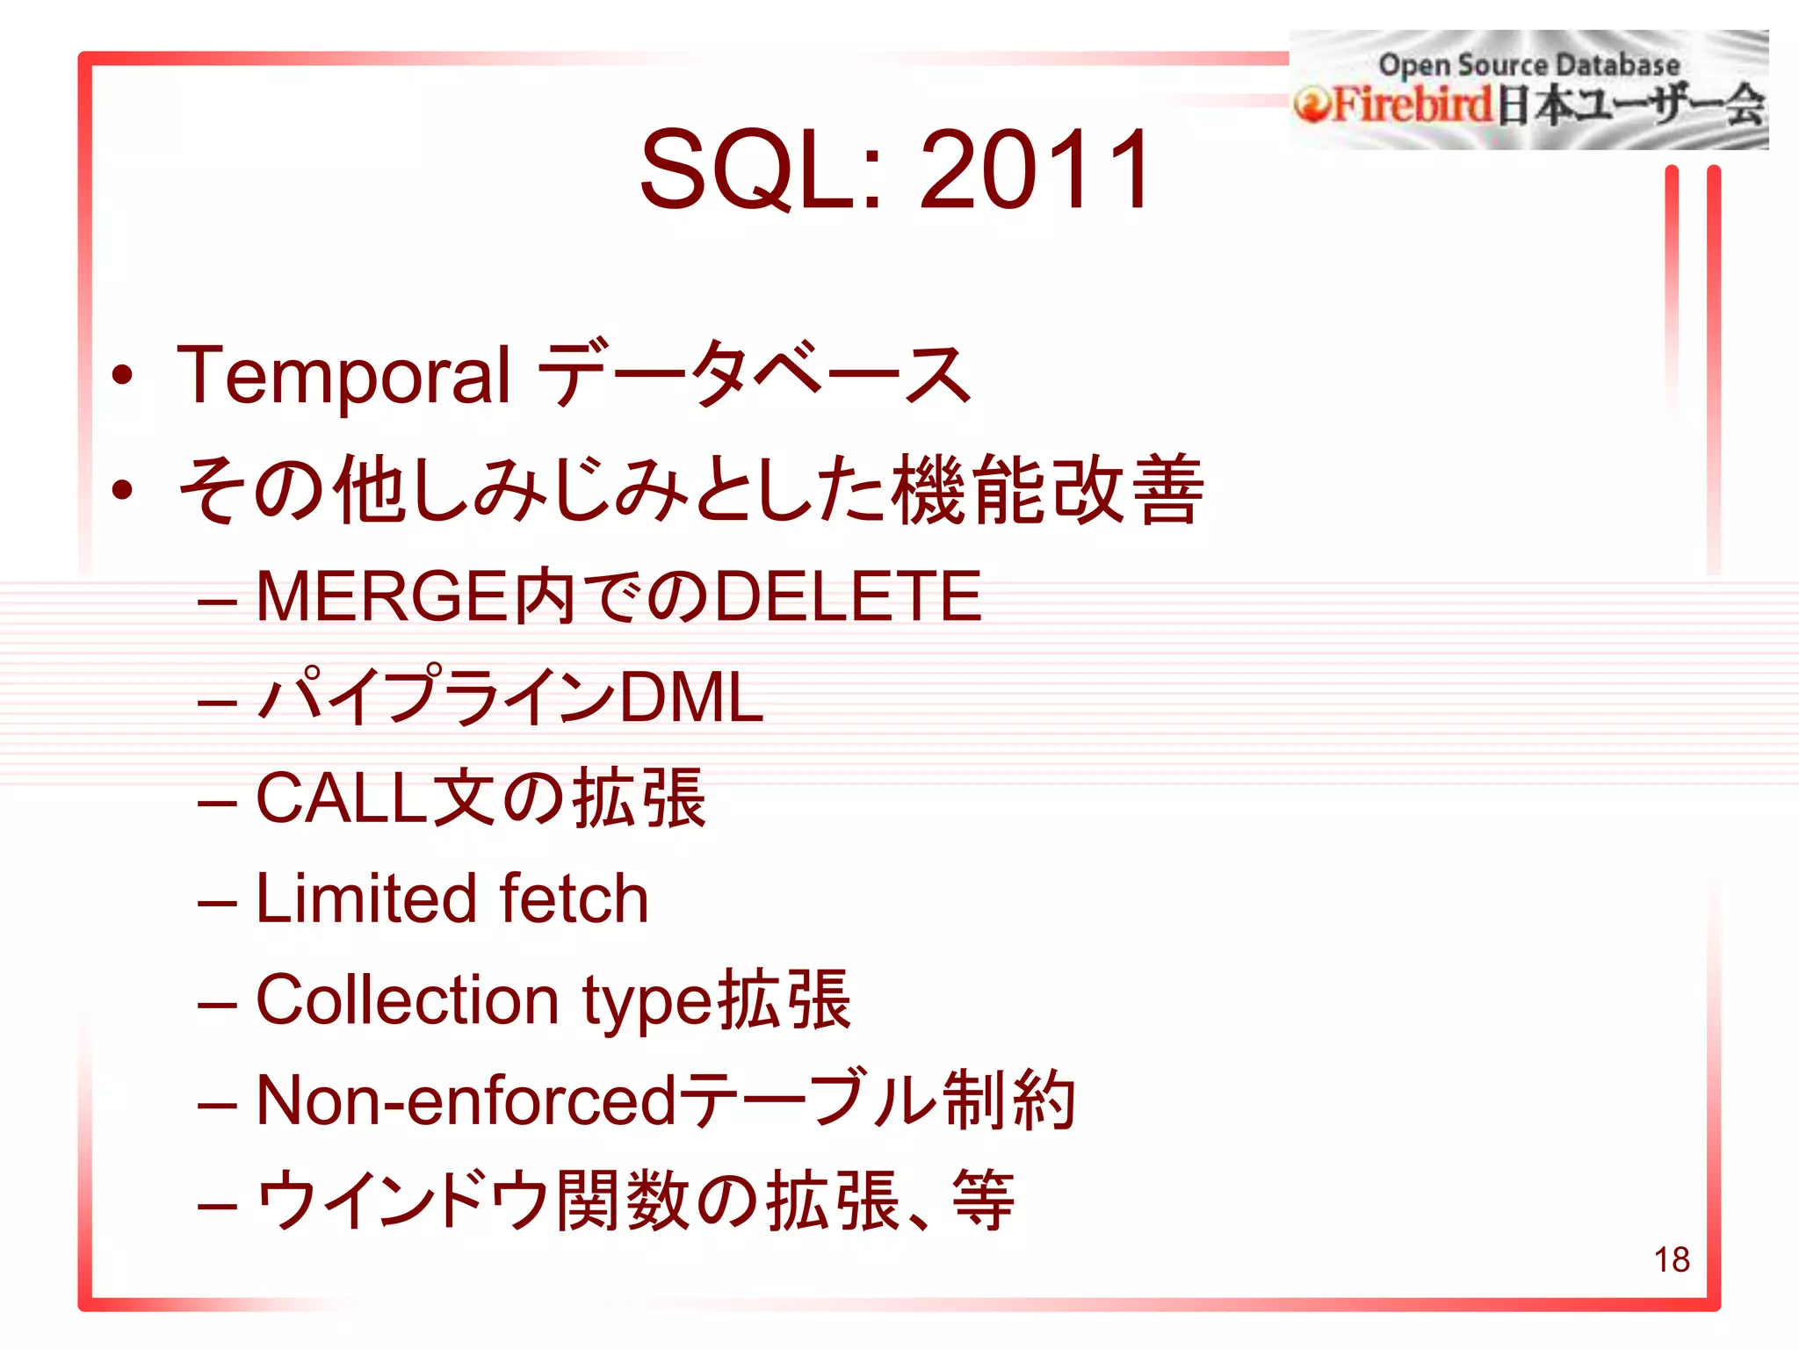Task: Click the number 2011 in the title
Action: point(1034,170)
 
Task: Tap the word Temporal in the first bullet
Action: point(343,376)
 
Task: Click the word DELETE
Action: point(849,596)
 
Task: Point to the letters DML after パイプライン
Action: point(691,697)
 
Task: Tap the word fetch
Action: point(574,899)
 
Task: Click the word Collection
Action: point(407,1000)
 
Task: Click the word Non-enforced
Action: point(466,1101)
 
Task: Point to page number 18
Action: point(1672,1259)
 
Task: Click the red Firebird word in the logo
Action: point(1412,105)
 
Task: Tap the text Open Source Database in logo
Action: point(1528,65)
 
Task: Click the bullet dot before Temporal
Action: point(123,376)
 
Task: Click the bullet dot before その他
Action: point(123,490)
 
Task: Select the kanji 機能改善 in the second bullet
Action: point(1047,490)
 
